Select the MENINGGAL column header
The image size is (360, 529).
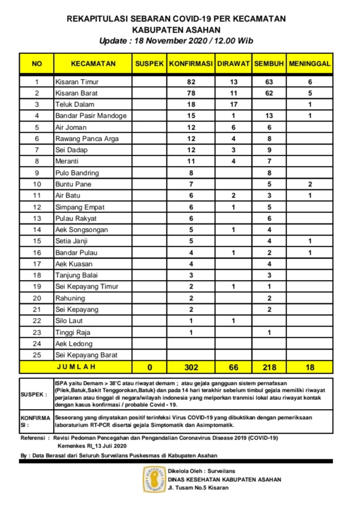310,64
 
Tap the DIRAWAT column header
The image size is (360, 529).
234,64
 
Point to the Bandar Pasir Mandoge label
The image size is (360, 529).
91,116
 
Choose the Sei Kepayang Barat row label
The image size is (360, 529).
86,355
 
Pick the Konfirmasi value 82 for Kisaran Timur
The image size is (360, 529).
191,82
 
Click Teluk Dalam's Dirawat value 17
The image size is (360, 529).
234,104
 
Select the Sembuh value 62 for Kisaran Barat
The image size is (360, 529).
269,93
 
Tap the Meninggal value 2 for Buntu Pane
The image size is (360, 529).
310,184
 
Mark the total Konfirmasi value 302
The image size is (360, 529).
191,367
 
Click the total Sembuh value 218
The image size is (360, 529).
269,367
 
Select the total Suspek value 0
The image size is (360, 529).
149,367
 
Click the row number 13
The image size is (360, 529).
37,218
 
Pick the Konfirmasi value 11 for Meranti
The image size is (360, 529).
191,162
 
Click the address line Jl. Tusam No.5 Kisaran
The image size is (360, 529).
198,488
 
